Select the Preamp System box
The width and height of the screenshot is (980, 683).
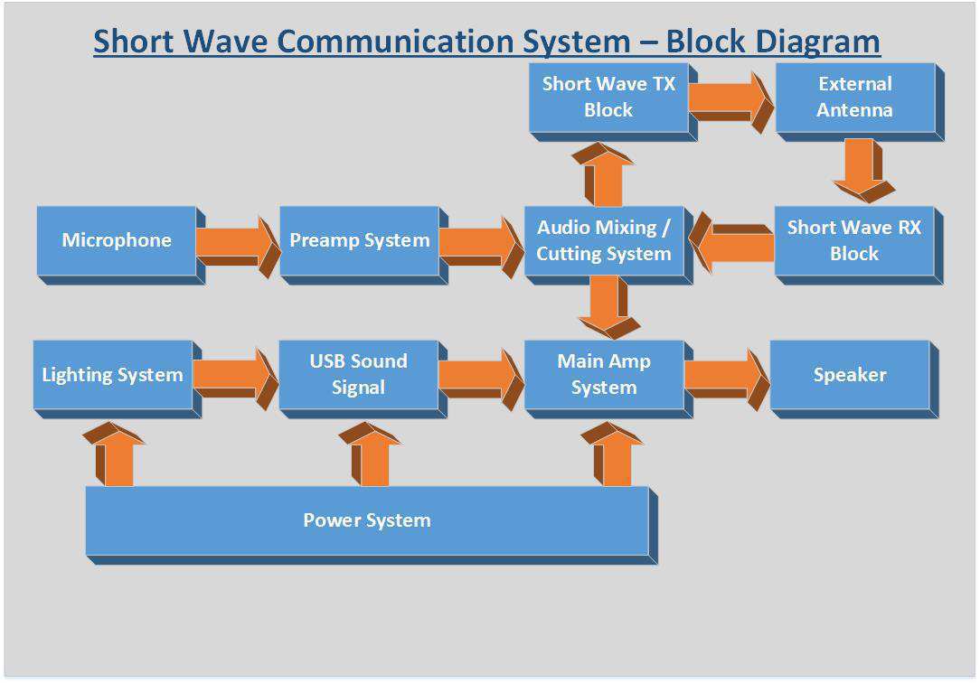(x=363, y=245)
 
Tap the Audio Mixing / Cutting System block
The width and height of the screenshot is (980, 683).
(x=608, y=245)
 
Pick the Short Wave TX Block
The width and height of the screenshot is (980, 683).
(x=613, y=102)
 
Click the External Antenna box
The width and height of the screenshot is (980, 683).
(x=860, y=102)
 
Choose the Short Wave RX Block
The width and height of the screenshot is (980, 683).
(x=858, y=245)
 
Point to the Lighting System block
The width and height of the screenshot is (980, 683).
(x=118, y=379)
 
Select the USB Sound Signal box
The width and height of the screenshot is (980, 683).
(x=363, y=379)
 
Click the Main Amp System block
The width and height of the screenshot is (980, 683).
(x=608, y=379)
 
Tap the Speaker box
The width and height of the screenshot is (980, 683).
(x=853, y=379)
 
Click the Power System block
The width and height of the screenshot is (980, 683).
(x=372, y=525)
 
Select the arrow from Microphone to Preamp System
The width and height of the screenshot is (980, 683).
(x=238, y=247)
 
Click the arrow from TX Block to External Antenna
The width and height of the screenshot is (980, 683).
(x=731, y=102)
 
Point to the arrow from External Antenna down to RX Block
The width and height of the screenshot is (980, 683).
(x=863, y=170)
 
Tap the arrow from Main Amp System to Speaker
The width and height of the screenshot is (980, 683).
(x=727, y=379)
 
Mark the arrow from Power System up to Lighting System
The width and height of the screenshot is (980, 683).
(x=114, y=454)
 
